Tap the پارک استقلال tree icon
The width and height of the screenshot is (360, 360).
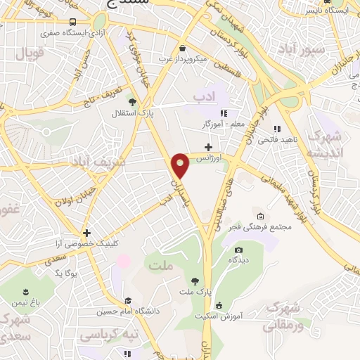[x=115, y=112]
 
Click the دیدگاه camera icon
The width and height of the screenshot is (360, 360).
[x=238, y=250]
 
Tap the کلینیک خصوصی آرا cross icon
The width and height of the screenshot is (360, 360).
[x=86, y=233]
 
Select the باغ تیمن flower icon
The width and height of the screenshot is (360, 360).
[x=25, y=292]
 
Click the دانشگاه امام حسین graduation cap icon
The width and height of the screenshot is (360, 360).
[x=127, y=300]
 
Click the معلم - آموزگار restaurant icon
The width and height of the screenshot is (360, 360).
[x=224, y=113]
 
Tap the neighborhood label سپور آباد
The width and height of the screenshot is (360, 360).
[x=300, y=49]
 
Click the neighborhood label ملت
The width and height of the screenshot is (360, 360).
[x=161, y=264]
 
